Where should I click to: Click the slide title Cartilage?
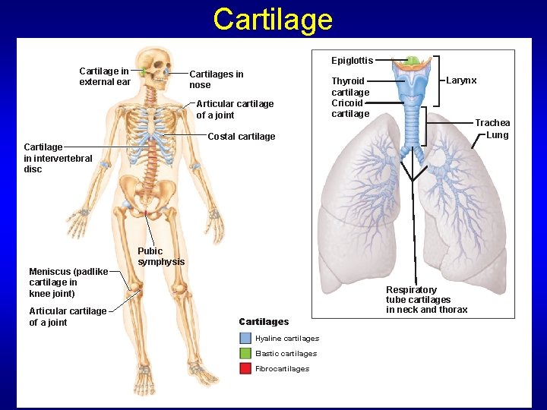tap(273, 19)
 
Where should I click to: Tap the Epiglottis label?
tap(352, 61)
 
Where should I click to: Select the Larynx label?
tap(461, 80)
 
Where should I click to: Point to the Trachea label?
tap(492, 123)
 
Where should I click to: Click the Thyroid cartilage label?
tap(350, 86)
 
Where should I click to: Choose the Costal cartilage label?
tap(242, 137)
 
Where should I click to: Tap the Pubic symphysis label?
tap(161, 257)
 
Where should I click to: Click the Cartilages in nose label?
tap(217, 80)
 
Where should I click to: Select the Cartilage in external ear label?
tap(105, 77)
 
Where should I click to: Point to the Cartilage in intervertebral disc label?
tap(58, 158)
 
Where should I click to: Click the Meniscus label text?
tap(68, 282)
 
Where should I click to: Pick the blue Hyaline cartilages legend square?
tap(245, 339)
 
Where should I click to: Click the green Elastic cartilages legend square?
tap(245, 353)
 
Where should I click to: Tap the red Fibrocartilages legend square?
tap(245, 368)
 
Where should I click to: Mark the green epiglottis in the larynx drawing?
tap(413, 61)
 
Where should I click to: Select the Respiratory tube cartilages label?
tap(426, 300)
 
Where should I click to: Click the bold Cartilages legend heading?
tap(264, 322)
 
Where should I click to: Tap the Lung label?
tap(497, 135)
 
